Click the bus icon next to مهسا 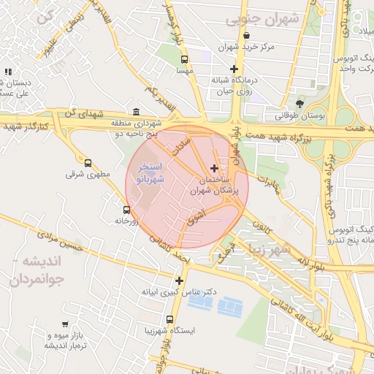[184, 59]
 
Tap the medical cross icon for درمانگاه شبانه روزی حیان [234, 70]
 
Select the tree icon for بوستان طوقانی [300, 103]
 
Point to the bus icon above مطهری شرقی [88, 163]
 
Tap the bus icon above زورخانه [126, 209]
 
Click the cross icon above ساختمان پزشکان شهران [213, 168]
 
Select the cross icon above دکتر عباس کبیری [179, 280]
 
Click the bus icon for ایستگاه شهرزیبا [170, 320]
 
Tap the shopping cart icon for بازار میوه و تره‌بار [65, 324]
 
